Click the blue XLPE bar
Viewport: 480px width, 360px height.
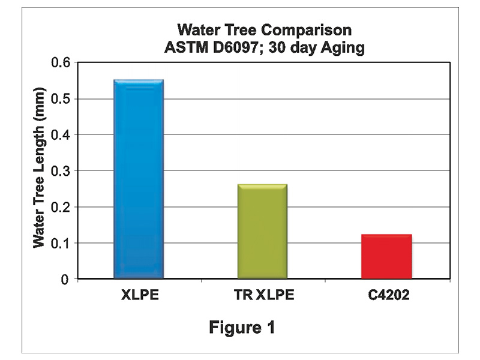click(139, 179)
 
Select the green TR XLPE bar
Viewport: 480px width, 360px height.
click(262, 232)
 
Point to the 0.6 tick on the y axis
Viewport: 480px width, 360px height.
click(62, 63)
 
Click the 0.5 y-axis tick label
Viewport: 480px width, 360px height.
click(62, 99)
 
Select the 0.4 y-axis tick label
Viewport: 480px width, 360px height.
click(62, 135)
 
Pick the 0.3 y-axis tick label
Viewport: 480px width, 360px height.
click(62, 171)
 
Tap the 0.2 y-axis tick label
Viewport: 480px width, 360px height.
click(62, 207)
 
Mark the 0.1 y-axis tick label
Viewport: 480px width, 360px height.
click(62, 243)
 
